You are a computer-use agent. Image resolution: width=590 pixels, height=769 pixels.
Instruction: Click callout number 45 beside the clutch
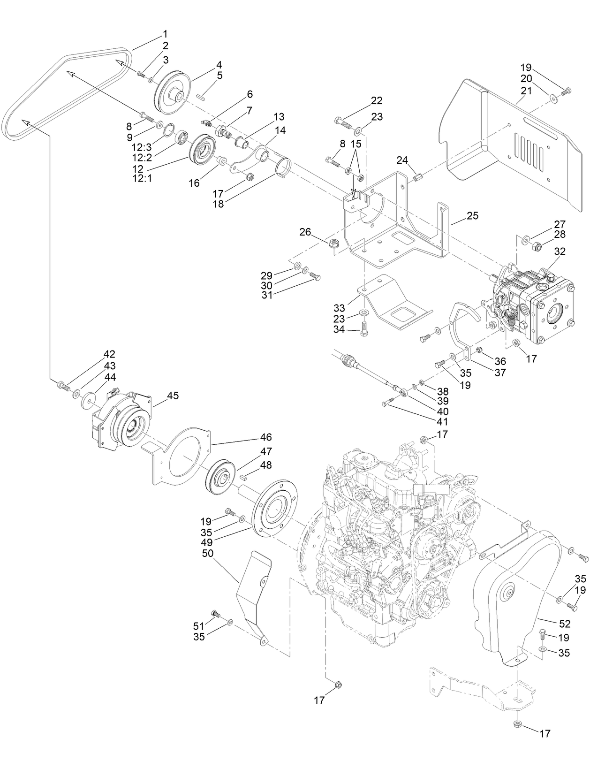pos(173,396)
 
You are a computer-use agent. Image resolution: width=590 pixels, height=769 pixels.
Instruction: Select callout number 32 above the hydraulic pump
pos(560,251)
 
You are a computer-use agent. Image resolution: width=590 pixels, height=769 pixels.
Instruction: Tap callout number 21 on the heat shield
pos(526,91)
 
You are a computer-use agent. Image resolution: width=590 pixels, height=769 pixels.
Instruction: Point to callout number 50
pos(207,554)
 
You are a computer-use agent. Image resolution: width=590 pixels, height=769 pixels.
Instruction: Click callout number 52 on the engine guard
pos(564,624)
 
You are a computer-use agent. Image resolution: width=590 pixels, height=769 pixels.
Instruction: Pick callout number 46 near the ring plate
pos(266,437)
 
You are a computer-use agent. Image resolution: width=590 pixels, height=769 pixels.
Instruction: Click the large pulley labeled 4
pos(170,91)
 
